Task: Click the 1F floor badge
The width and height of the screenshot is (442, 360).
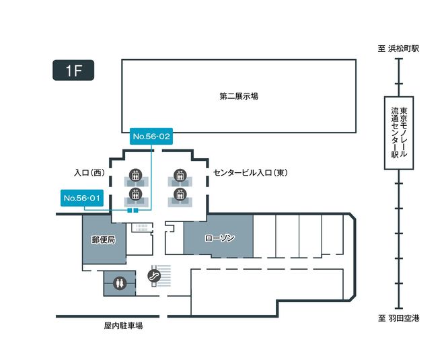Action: [73, 71]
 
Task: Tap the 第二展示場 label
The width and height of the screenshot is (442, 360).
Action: [238, 96]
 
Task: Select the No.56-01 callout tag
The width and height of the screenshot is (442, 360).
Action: [81, 198]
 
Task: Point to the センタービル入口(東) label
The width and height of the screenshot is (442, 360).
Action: [250, 173]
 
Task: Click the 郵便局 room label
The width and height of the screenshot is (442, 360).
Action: [104, 240]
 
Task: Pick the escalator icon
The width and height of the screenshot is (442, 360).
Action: [154, 275]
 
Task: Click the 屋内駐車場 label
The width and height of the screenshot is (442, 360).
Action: [123, 326]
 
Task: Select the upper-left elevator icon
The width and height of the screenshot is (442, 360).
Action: [135, 176]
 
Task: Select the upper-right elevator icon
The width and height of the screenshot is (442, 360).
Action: [180, 176]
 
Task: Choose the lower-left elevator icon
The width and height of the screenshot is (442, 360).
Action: [135, 194]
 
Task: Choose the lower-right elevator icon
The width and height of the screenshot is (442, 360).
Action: [180, 194]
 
